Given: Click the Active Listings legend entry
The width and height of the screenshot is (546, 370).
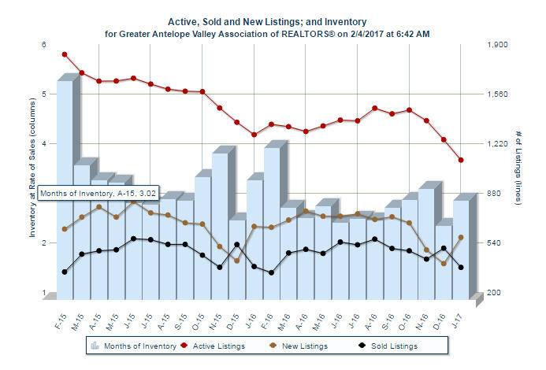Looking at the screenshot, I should (x=213, y=345).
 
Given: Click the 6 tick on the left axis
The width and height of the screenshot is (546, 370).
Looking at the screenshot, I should (x=44, y=45).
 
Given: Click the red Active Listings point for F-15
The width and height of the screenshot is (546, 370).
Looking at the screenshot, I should (x=65, y=54).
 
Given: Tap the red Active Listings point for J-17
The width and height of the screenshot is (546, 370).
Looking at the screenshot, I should (x=460, y=160).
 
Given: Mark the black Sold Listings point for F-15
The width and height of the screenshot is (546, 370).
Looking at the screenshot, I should (x=65, y=272).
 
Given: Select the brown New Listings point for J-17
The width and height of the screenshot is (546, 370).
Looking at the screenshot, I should (x=460, y=237).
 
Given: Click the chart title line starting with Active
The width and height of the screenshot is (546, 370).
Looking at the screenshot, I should (x=268, y=22).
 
